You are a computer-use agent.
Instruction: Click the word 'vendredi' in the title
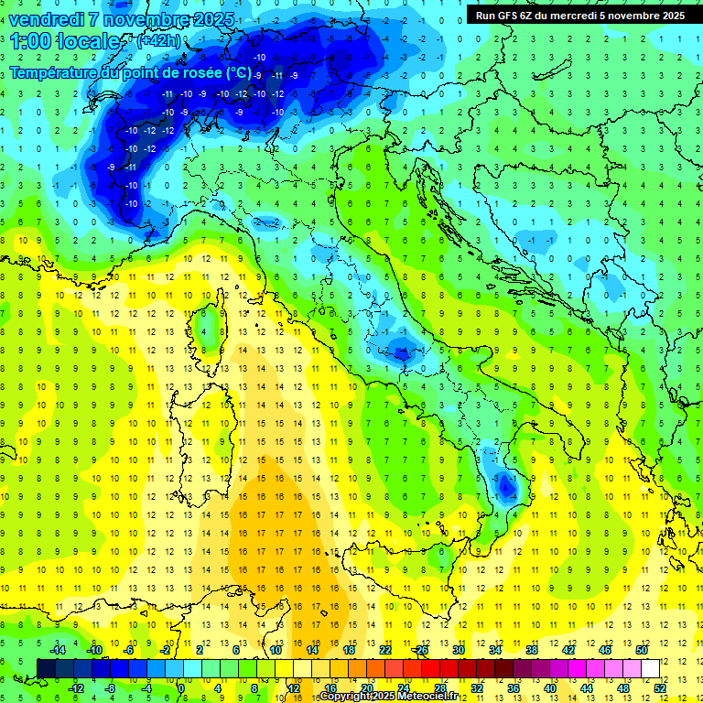(x=48, y=19)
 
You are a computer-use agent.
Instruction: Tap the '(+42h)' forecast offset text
(x=158, y=41)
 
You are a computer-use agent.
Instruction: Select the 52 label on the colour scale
(x=658, y=687)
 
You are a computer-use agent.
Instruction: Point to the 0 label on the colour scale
(x=180, y=687)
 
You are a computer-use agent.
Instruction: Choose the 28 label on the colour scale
(x=439, y=687)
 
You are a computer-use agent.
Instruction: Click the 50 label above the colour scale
(x=641, y=649)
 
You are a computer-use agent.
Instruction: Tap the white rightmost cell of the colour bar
(x=650, y=668)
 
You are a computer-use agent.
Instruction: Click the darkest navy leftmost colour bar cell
(x=46, y=668)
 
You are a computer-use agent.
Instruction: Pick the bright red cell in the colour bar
(x=430, y=668)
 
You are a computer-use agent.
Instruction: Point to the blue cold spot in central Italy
(x=399, y=348)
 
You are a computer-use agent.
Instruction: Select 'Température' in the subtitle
(x=54, y=72)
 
